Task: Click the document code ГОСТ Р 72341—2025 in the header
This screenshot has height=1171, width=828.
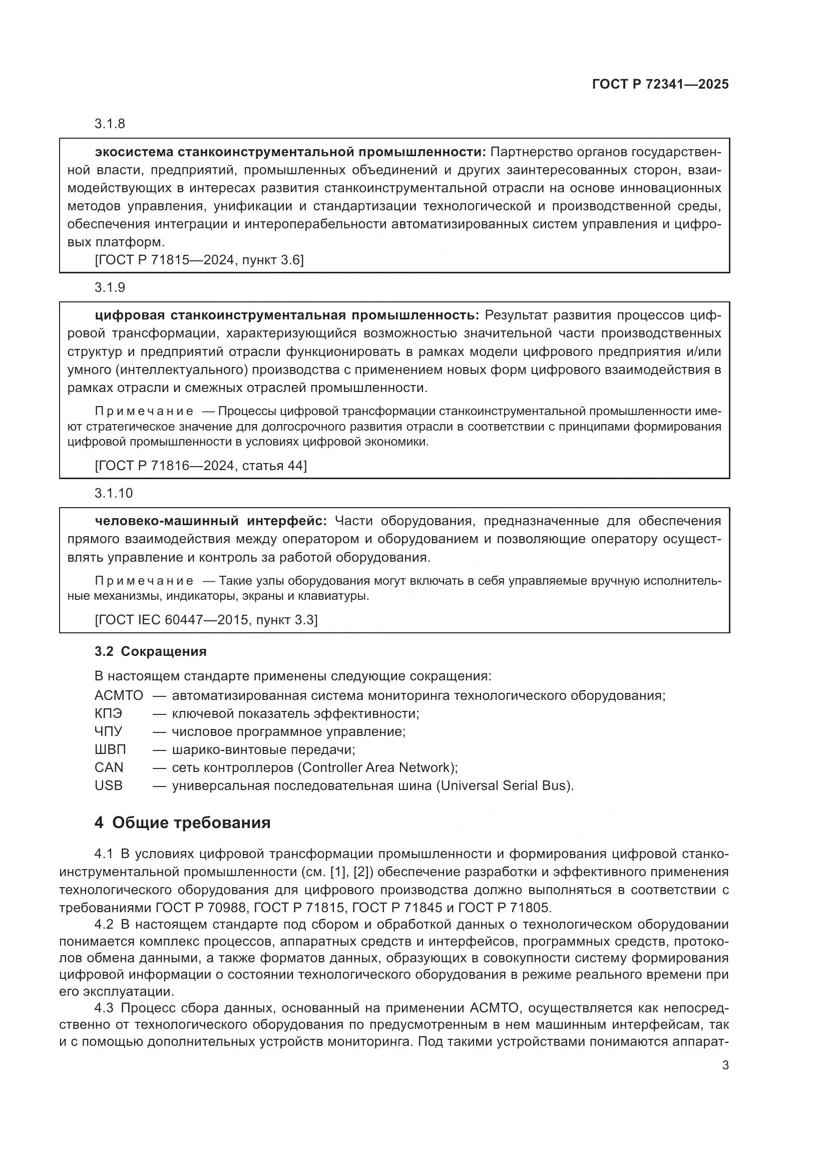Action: pos(660,84)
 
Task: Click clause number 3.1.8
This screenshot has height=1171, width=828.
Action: pos(110,124)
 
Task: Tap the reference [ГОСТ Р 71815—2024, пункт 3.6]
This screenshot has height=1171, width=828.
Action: pos(199,261)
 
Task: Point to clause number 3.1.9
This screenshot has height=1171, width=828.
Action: pos(110,288)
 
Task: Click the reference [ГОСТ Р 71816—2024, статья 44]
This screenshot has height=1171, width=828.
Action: pos(201,466)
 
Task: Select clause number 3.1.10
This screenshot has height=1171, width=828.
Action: pos(113,493)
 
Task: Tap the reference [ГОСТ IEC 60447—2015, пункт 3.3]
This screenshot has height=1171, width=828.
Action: pos(206,620)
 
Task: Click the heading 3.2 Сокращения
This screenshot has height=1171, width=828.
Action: pos(150,652)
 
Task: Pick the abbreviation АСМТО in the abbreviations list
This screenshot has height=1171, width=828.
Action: pos(119,696)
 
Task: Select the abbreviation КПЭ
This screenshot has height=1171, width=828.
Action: pos(108,713)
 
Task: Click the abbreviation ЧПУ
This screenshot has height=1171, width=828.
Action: pos(108,731)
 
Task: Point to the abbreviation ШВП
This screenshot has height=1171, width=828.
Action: pos(110,750)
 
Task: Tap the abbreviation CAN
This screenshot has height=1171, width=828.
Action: pos(109,767)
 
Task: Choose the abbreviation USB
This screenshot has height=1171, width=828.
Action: pos(108,786)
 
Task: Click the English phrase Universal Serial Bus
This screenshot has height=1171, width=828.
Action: pos(504,786)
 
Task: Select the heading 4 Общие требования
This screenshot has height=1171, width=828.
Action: pos(182,823)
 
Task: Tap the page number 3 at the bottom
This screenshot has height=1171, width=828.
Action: pos(725,1065)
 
